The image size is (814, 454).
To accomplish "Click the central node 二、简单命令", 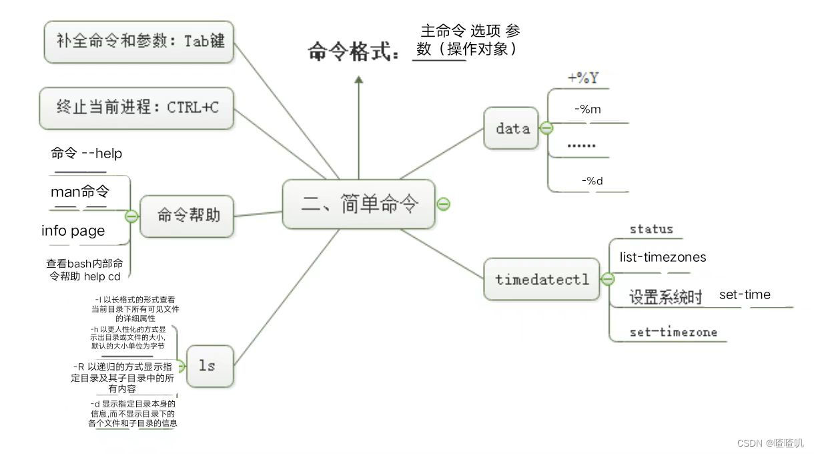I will (359, 204).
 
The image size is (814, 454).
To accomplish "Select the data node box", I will (512, 128).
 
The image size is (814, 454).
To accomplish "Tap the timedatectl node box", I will (542, 279).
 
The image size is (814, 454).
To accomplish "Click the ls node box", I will (210, 365).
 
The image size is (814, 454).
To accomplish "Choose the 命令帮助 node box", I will (188, 215).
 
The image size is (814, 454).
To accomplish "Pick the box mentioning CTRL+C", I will (137, 107).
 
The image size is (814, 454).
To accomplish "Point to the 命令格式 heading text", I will (354, 51).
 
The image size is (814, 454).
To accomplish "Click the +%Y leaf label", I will (582, 78).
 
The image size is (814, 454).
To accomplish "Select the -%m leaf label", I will (587, 109).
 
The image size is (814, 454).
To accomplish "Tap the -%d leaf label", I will (592, 180).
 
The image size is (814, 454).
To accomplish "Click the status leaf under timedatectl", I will (651, 229).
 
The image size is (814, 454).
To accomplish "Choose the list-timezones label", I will (663, 257).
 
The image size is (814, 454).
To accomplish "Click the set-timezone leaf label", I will (673, 332).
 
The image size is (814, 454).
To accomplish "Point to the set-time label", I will (745, 294).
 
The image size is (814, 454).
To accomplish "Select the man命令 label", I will (80, 192).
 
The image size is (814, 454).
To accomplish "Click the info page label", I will (73, 231).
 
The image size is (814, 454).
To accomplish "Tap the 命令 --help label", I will (87, 154).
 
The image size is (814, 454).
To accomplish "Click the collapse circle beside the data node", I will (546, 128).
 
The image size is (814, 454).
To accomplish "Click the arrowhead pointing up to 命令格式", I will (359, 80).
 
